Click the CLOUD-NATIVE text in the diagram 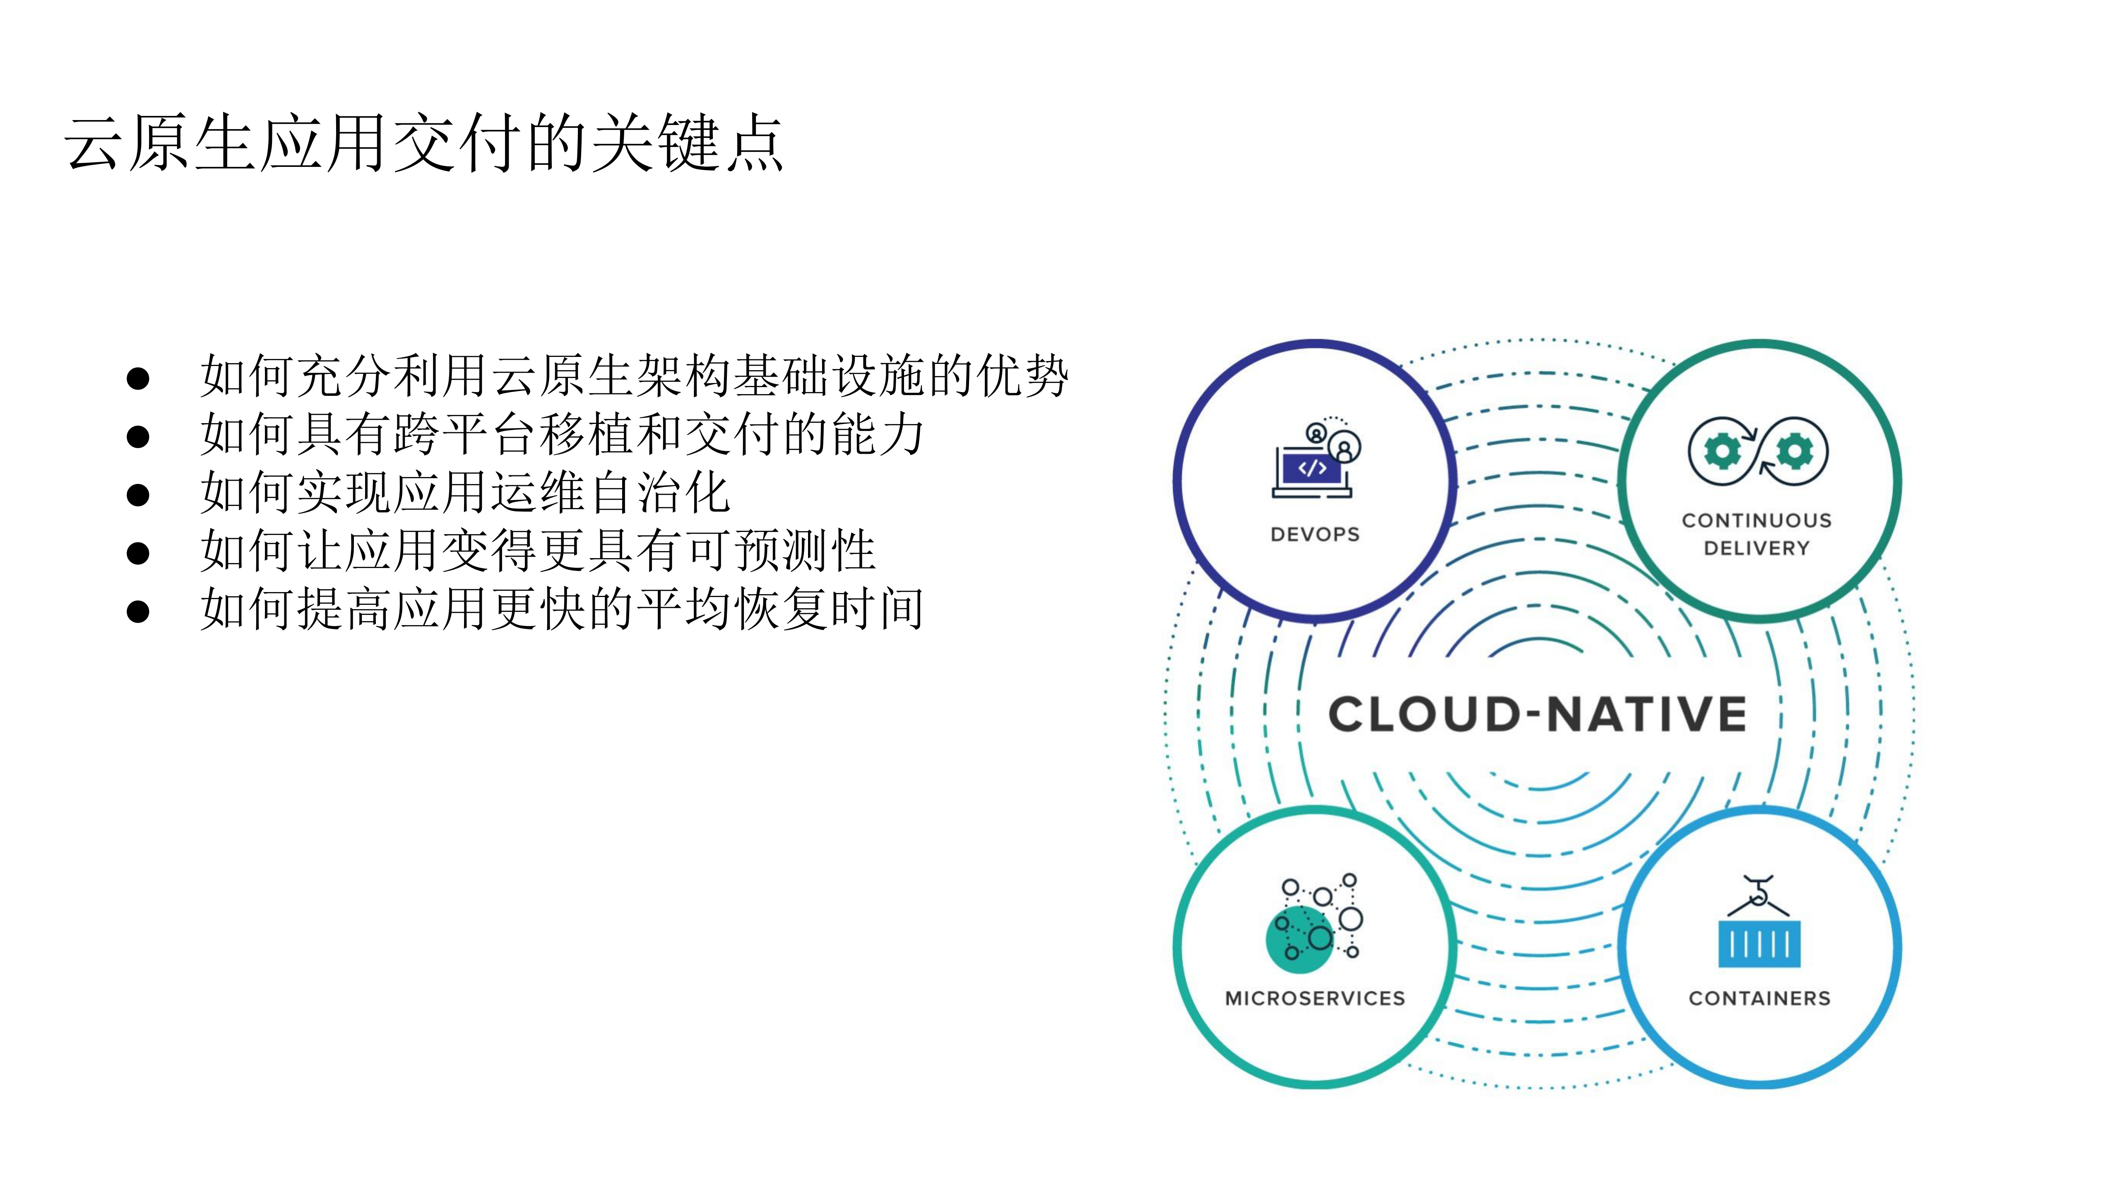coord(1537,714)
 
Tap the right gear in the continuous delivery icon coord(1794,451)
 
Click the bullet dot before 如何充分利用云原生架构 coord(138,378)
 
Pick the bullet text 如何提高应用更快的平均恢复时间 coord(563,609)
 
